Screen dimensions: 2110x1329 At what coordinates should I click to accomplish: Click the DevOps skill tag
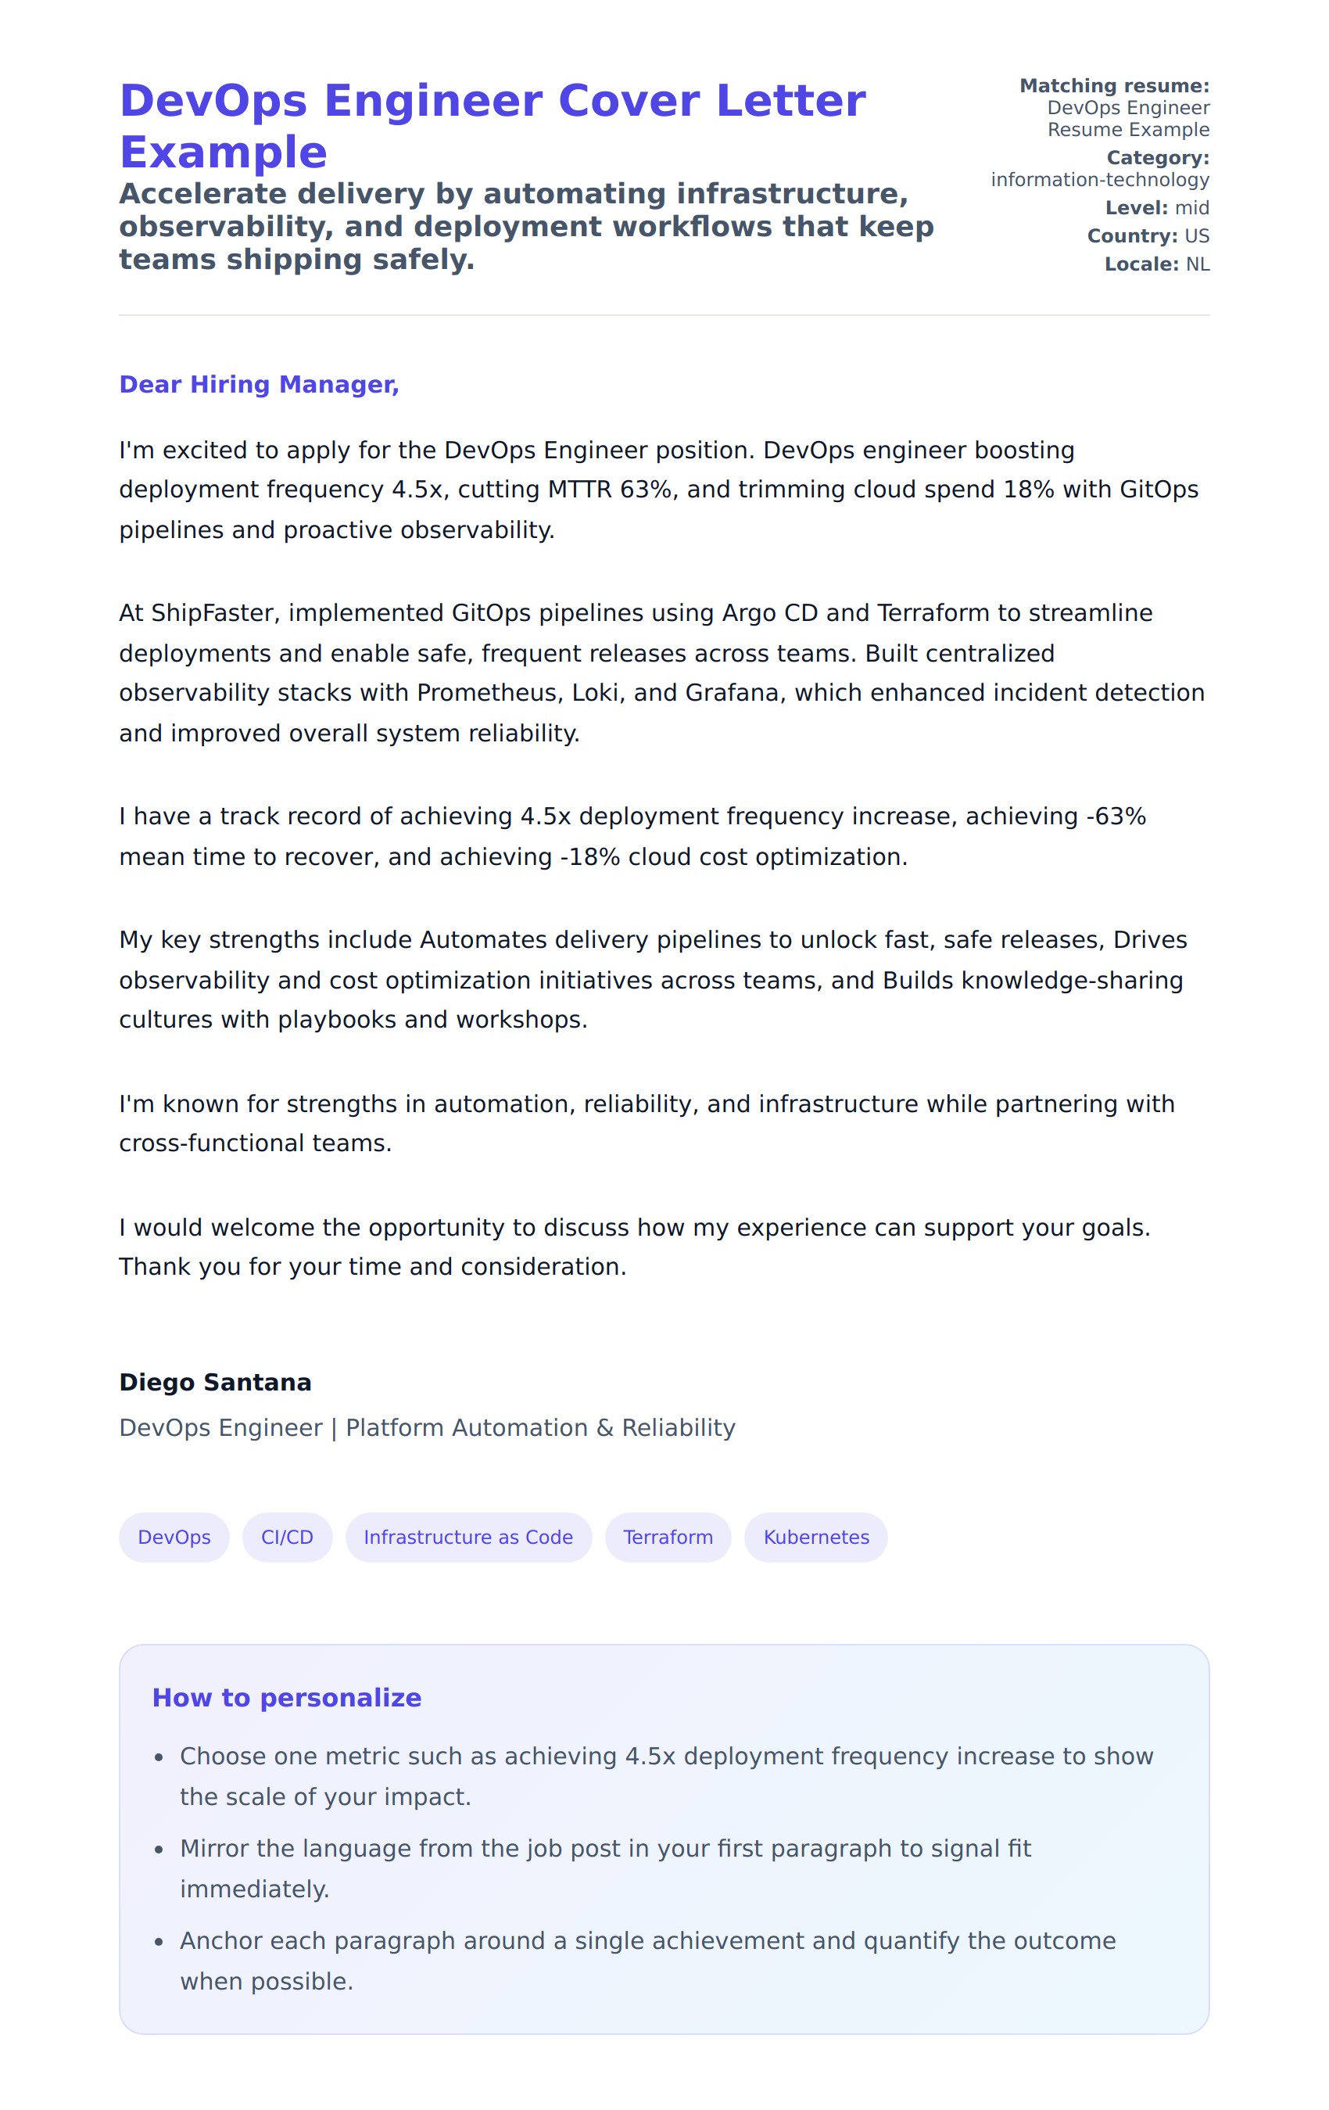point(174,1537)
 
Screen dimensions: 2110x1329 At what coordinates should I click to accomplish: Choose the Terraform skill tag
point(668,1537)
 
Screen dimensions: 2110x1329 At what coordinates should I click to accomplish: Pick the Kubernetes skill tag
point(815,1537)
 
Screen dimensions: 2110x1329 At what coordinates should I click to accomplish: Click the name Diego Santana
point(215,1382)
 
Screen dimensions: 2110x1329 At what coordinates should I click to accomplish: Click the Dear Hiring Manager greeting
point(259,384)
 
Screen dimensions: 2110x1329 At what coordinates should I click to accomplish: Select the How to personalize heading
point(286,1697)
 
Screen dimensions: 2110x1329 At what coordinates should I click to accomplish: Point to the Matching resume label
point(1113,86)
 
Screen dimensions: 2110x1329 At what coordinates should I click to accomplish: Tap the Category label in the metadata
point(1157,158)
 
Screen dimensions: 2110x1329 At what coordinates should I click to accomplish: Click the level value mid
point(1191,208)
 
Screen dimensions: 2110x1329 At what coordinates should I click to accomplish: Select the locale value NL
point(1197,264)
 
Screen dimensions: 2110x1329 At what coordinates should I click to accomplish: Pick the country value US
point(1196,235)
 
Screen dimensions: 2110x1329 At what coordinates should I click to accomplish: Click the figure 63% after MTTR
point(645,489)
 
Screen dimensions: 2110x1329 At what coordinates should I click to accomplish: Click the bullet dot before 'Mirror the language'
point(159,1850)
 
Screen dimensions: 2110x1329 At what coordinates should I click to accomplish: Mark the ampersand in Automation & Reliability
point(604,1427)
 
